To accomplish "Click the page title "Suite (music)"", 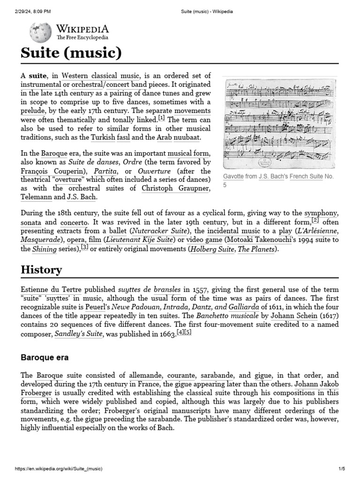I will coord(71,53).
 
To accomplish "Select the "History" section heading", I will coord(41,270).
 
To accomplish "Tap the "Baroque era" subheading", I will coord(45,357).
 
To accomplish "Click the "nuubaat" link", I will coord(187,137).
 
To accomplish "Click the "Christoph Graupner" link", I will coord(176,188).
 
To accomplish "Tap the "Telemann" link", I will coord(36,197).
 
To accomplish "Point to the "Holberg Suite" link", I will coord(212,249).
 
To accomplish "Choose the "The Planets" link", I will coord(256,249).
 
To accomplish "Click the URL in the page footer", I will coord(59,469).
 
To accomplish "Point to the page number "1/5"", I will coord(341,469).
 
